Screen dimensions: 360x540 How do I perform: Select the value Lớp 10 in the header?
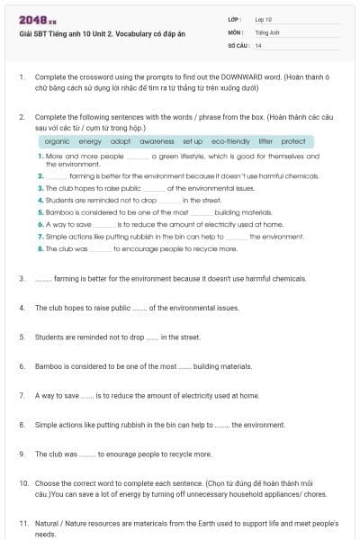[x=263, y=19]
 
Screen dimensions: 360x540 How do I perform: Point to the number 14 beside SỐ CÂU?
[x=258, y=44]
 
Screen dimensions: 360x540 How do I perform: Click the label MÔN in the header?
[x=235, y=31]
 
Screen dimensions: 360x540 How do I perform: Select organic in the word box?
[x=57, y=141]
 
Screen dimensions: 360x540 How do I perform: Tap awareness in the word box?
[x=157, y=141]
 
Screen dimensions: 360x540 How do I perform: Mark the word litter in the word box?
[x=265, y=141]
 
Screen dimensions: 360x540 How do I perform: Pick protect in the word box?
[x=293, y=141]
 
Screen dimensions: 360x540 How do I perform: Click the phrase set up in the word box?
[x=193, y=141]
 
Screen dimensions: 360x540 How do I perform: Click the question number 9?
[x=22, y=454]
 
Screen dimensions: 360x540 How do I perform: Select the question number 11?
[x=22, y=523]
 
